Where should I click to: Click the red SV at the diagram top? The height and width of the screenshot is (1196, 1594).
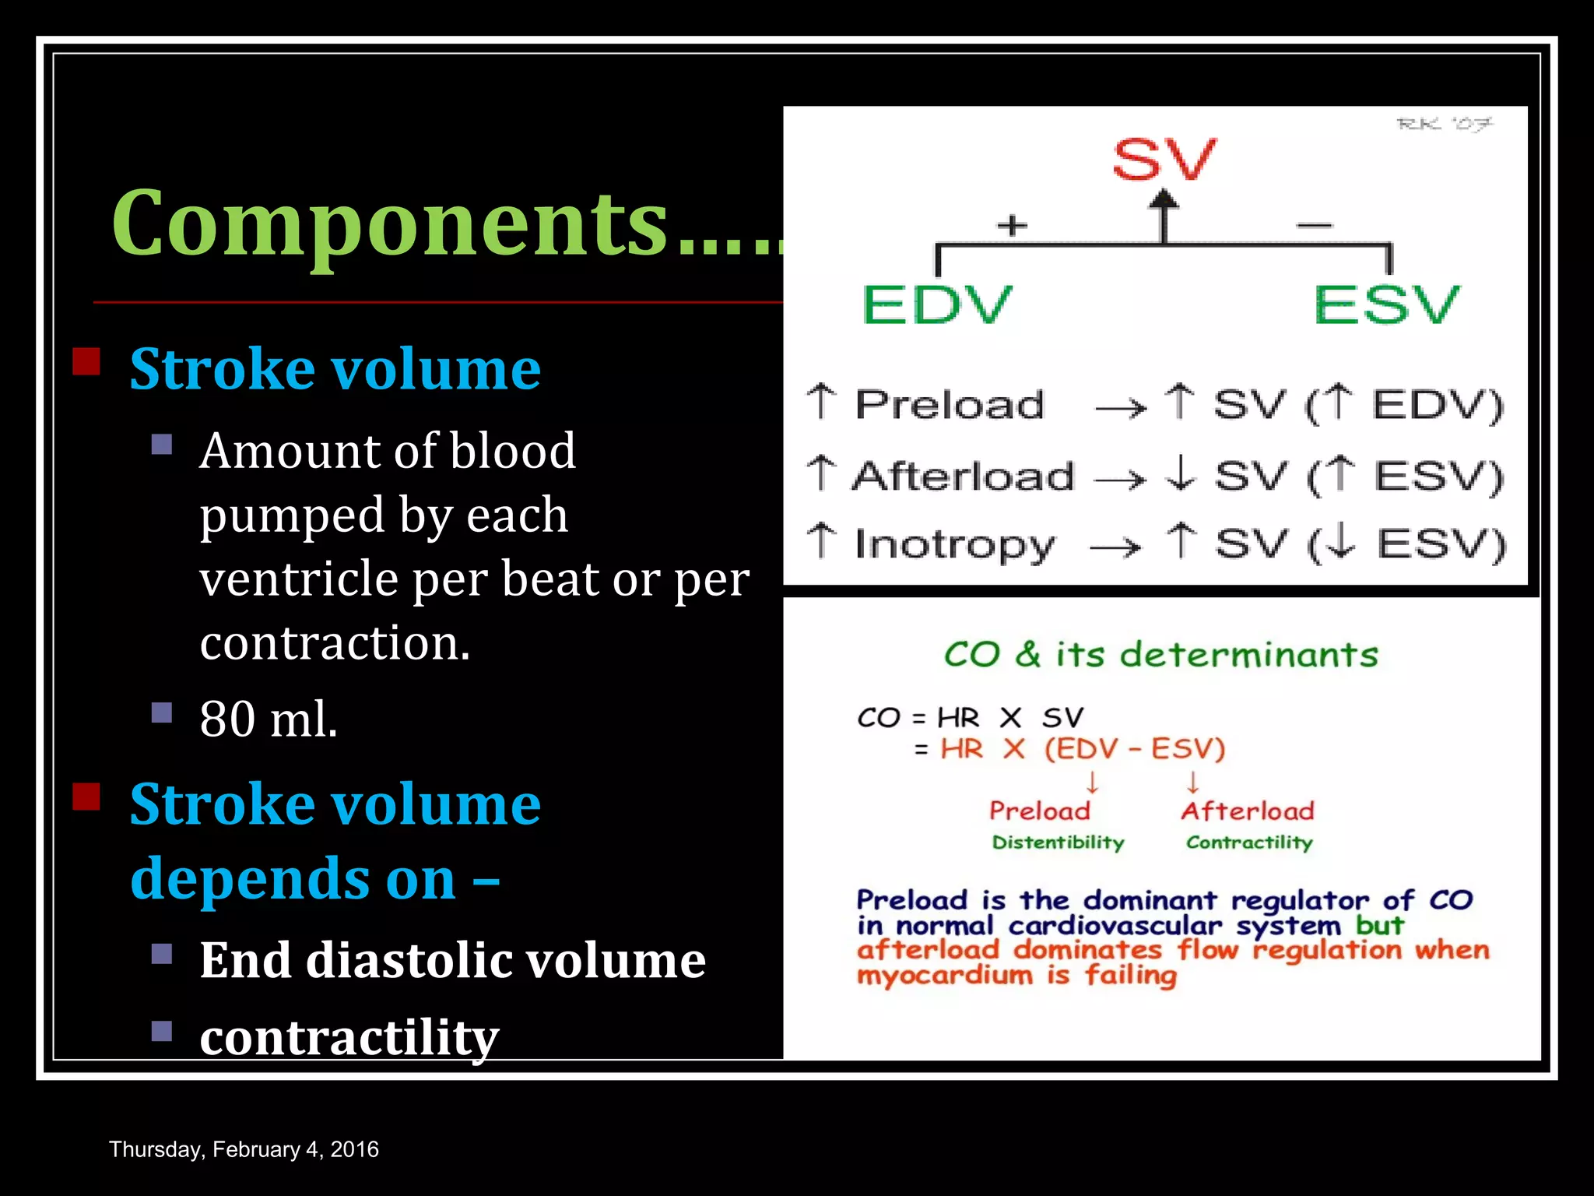pos(1163,160)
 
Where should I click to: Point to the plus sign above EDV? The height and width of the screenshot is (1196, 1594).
pos(1012,226)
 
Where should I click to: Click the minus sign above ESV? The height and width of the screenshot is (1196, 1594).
pos(1315,226)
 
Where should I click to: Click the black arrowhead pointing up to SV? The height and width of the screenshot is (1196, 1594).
pos(1164,201)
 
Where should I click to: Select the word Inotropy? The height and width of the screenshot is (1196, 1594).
pos(954,543)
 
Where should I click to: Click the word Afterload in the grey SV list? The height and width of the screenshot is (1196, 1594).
pos(964,476)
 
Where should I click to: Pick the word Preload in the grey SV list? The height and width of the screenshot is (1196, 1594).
pos(950,405)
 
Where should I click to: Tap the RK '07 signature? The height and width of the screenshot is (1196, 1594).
pos(1445,125)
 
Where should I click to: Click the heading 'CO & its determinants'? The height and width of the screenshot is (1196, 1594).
pos(1160,655)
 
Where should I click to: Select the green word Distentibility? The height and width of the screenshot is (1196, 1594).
pos(1058,842)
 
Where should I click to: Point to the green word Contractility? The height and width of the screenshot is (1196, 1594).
pos(1249,842)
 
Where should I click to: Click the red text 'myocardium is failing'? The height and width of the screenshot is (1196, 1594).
pos(1016,976)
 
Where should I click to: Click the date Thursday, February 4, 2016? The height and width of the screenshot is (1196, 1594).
pos(244,1149)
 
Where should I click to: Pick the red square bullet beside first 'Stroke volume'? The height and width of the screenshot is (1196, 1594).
pos(86,361)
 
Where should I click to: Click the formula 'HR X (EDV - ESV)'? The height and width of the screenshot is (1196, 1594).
pos(1082,749)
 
